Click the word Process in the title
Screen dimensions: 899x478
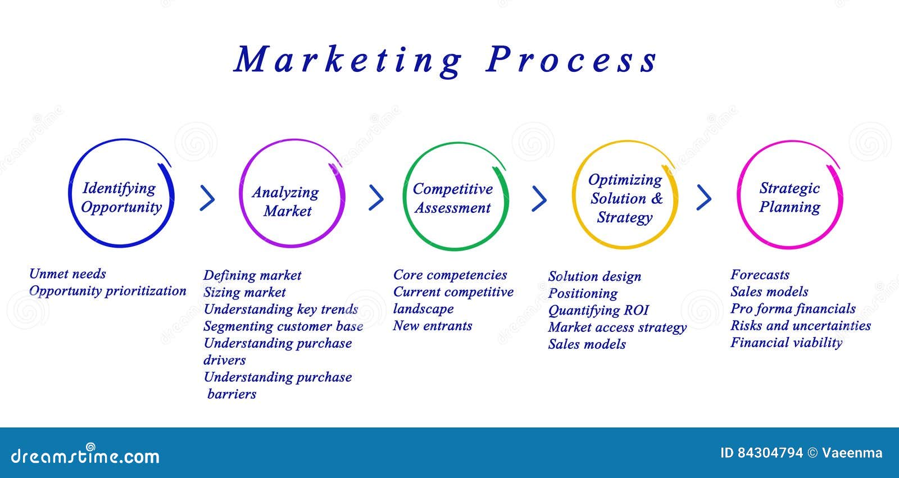[571, 60]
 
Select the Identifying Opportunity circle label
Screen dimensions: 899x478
[121, 198]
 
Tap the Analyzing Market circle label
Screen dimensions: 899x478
[286, 202]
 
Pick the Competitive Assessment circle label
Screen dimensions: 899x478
[453, 198]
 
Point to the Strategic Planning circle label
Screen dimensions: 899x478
[789, 198]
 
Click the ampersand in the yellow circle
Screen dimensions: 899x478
[657, 198]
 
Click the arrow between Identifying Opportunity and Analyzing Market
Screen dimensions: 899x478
[207, 198]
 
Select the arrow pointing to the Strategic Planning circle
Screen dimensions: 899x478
[704, 198]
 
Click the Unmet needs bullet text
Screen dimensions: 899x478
[67, 274]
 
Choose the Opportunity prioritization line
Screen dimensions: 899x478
[107, 291]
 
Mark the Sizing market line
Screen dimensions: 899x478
[244, 292]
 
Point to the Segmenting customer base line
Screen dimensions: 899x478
[283, 326]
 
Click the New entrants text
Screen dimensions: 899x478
[432, 325]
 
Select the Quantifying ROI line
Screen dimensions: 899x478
[598, 311]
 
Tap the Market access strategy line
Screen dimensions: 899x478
[618, 327]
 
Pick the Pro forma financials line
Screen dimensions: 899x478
[793, 308]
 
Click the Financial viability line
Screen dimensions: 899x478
[786, 342]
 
